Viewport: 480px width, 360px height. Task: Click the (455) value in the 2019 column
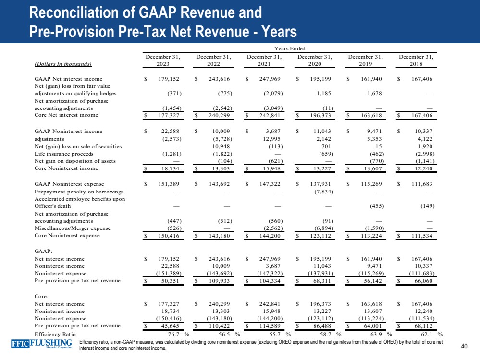click(x=373, y=206)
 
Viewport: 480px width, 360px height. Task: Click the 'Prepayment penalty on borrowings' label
click(x=75, y=191)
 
